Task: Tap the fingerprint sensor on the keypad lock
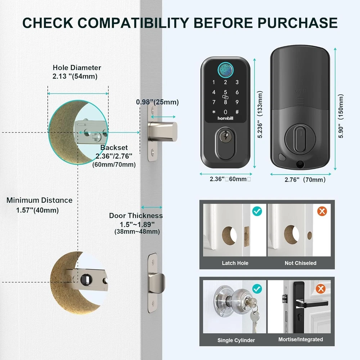225,70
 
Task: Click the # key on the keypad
237,112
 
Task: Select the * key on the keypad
214,112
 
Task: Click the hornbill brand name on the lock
225,118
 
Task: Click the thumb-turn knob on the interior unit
300,139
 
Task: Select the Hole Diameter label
77,68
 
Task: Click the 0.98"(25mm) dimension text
157,102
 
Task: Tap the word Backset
114,147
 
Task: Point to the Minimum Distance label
39,200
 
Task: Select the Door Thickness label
136,216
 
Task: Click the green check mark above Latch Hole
257,211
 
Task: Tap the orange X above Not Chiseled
322,211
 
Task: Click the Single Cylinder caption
236,340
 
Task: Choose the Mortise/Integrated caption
301,339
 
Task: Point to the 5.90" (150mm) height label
341,116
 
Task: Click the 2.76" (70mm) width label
305,180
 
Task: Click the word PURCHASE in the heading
297,23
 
